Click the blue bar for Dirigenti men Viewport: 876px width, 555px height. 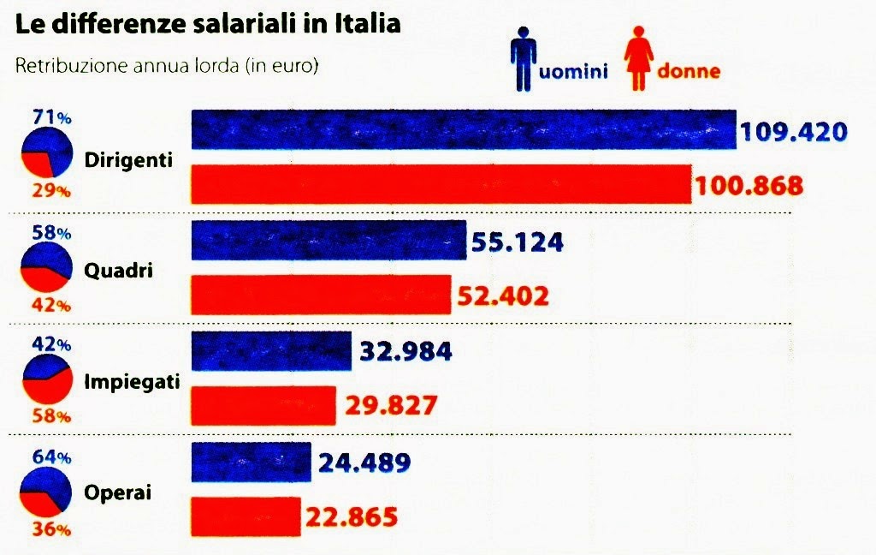click(x=463, y=131)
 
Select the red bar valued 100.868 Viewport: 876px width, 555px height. click(x=440, y=184)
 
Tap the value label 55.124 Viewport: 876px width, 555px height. click(x=517, y=242)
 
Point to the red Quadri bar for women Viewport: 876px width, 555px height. click(x=320, y=295)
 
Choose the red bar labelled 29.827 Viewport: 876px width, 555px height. click(x=263, y=404)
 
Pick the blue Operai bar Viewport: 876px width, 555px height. click(x=251, y=462)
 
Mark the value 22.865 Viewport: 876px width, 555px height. click(x=352, y=516)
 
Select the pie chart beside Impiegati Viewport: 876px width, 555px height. click(x=48, y=380)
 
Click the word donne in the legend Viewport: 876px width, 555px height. click(x=689, y=71)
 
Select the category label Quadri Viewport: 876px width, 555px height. click(x=119, y=271)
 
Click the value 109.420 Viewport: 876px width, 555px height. click(x=793, y=132)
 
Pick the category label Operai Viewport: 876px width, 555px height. click(x=118, y=493)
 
